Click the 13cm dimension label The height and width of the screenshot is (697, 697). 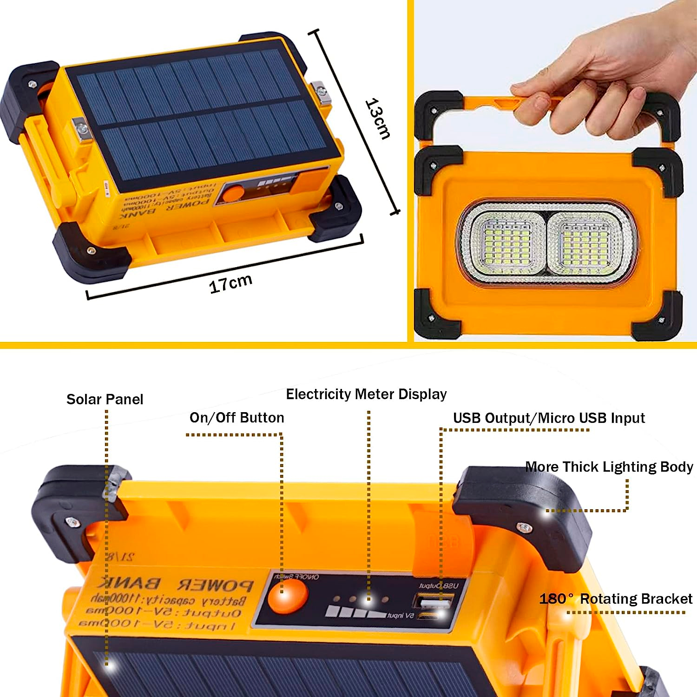[378, 119]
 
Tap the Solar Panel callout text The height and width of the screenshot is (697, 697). [105, 399]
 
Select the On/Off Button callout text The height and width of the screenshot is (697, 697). [237, 417]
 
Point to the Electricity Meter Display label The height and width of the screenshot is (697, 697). [366, 394]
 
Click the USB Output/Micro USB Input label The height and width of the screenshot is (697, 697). [549, 418]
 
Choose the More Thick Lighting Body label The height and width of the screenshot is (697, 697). [609, 467]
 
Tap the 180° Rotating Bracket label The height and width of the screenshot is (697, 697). [616, 598]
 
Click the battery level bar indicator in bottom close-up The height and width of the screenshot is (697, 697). [355, 612]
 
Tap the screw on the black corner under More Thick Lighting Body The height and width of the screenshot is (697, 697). [524, 527]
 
